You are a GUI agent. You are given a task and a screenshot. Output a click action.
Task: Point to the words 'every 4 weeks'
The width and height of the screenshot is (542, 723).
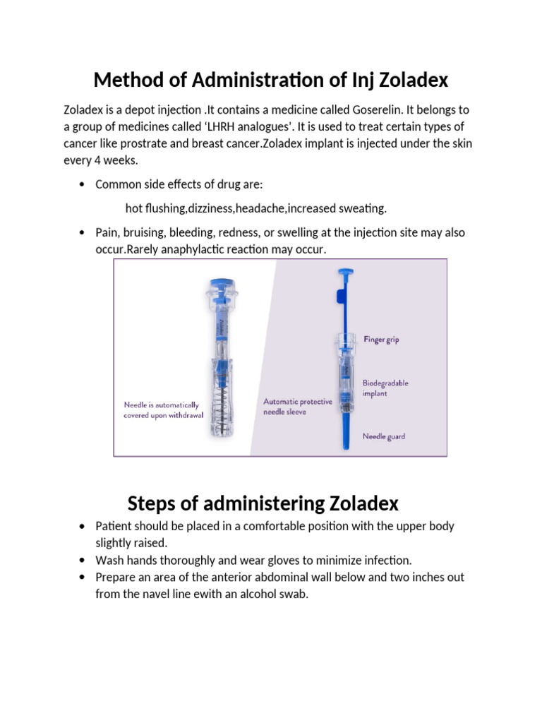click(x=101, y=160)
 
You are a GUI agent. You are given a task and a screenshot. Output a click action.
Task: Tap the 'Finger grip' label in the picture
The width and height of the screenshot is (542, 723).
click(x=381, y=340)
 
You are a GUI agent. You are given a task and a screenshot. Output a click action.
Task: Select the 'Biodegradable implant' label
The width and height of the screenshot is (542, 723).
click(x=385, y=388)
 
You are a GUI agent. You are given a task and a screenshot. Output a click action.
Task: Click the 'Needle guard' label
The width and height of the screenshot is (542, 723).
click(x=384, y=436)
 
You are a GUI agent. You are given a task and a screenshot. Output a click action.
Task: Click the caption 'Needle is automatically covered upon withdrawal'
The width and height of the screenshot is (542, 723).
click(x=163, y=410)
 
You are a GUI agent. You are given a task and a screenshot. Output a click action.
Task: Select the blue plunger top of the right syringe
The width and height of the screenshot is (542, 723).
click(x=345, y=272)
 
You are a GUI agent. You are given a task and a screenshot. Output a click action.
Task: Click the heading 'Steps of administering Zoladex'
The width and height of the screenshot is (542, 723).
click(x=263, y=503)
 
